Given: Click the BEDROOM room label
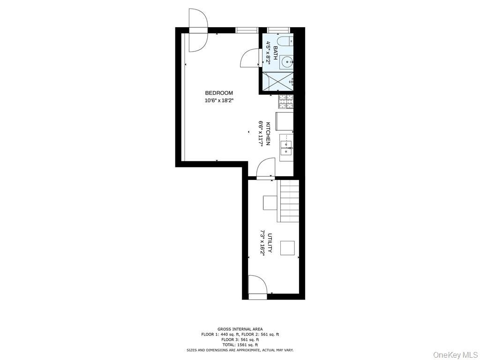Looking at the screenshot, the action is point(218,93).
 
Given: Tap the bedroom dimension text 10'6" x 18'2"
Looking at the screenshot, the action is point(219,100).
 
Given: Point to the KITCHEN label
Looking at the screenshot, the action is point(268,134).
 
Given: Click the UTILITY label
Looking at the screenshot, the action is point(270,243).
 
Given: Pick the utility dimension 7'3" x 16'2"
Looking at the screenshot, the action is point(262,243).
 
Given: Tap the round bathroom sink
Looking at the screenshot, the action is point(287,62).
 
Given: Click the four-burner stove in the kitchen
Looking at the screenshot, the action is point(285,102).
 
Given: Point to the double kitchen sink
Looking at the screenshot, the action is point(286,148).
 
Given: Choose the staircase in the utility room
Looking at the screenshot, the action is point(288,201).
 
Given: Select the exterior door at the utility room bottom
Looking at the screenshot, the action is point(257,287).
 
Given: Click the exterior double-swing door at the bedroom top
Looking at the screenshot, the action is point(198,30).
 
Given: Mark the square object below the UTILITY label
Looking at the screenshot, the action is point(288,248).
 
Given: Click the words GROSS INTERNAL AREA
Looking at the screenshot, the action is point(240,329).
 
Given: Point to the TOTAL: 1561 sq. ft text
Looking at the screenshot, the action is point(240,345).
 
